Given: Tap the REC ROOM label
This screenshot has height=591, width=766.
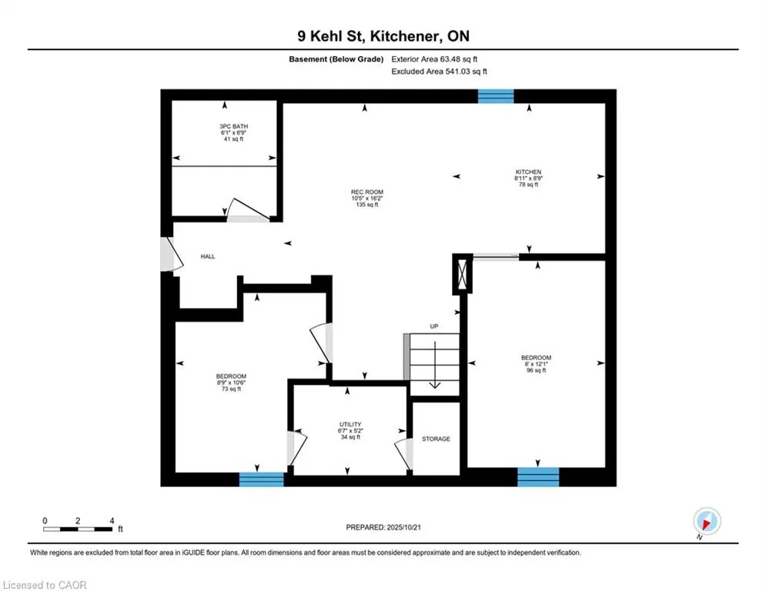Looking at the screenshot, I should (366, 199).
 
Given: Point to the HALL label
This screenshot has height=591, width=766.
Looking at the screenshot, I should (208, 256).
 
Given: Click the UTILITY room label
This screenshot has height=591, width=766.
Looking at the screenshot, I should (350, 430).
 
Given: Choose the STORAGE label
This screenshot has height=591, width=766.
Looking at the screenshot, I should (436, 439).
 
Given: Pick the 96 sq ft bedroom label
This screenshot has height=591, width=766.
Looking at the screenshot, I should (536, 364).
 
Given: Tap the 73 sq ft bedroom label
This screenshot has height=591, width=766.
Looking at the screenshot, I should (231, 382).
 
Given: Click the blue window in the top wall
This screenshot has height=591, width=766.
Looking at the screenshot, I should (496, 96).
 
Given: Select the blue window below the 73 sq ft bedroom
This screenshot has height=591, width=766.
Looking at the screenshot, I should (261, 479).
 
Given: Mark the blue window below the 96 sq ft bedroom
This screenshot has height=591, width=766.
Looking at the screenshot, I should (537, 477).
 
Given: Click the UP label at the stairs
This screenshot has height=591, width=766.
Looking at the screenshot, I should (434, 327).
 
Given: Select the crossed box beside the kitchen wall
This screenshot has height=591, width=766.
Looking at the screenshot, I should (463, 275).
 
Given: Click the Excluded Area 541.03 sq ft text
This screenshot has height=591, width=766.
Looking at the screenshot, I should (440, 72).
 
